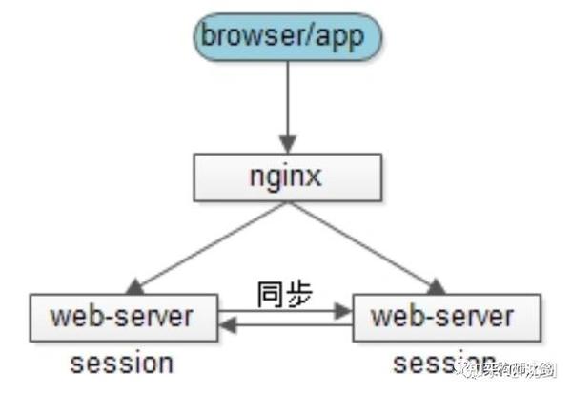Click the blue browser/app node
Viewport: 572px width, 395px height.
pyautogui.click(x=287, y=37)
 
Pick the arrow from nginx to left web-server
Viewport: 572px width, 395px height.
pyautogui.click(x=210, y=243)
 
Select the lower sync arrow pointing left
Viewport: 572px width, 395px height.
pyautogui.click(x=286, y=326)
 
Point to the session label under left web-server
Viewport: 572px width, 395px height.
pyautogui.click(x=121, y=363)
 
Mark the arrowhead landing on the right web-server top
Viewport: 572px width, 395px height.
pyautogui.click(x=438, y=286)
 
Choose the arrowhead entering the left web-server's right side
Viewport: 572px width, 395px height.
pyautogui.click(x=227, y=326)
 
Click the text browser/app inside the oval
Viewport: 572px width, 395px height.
pyautogui.click(x=287, y=37)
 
